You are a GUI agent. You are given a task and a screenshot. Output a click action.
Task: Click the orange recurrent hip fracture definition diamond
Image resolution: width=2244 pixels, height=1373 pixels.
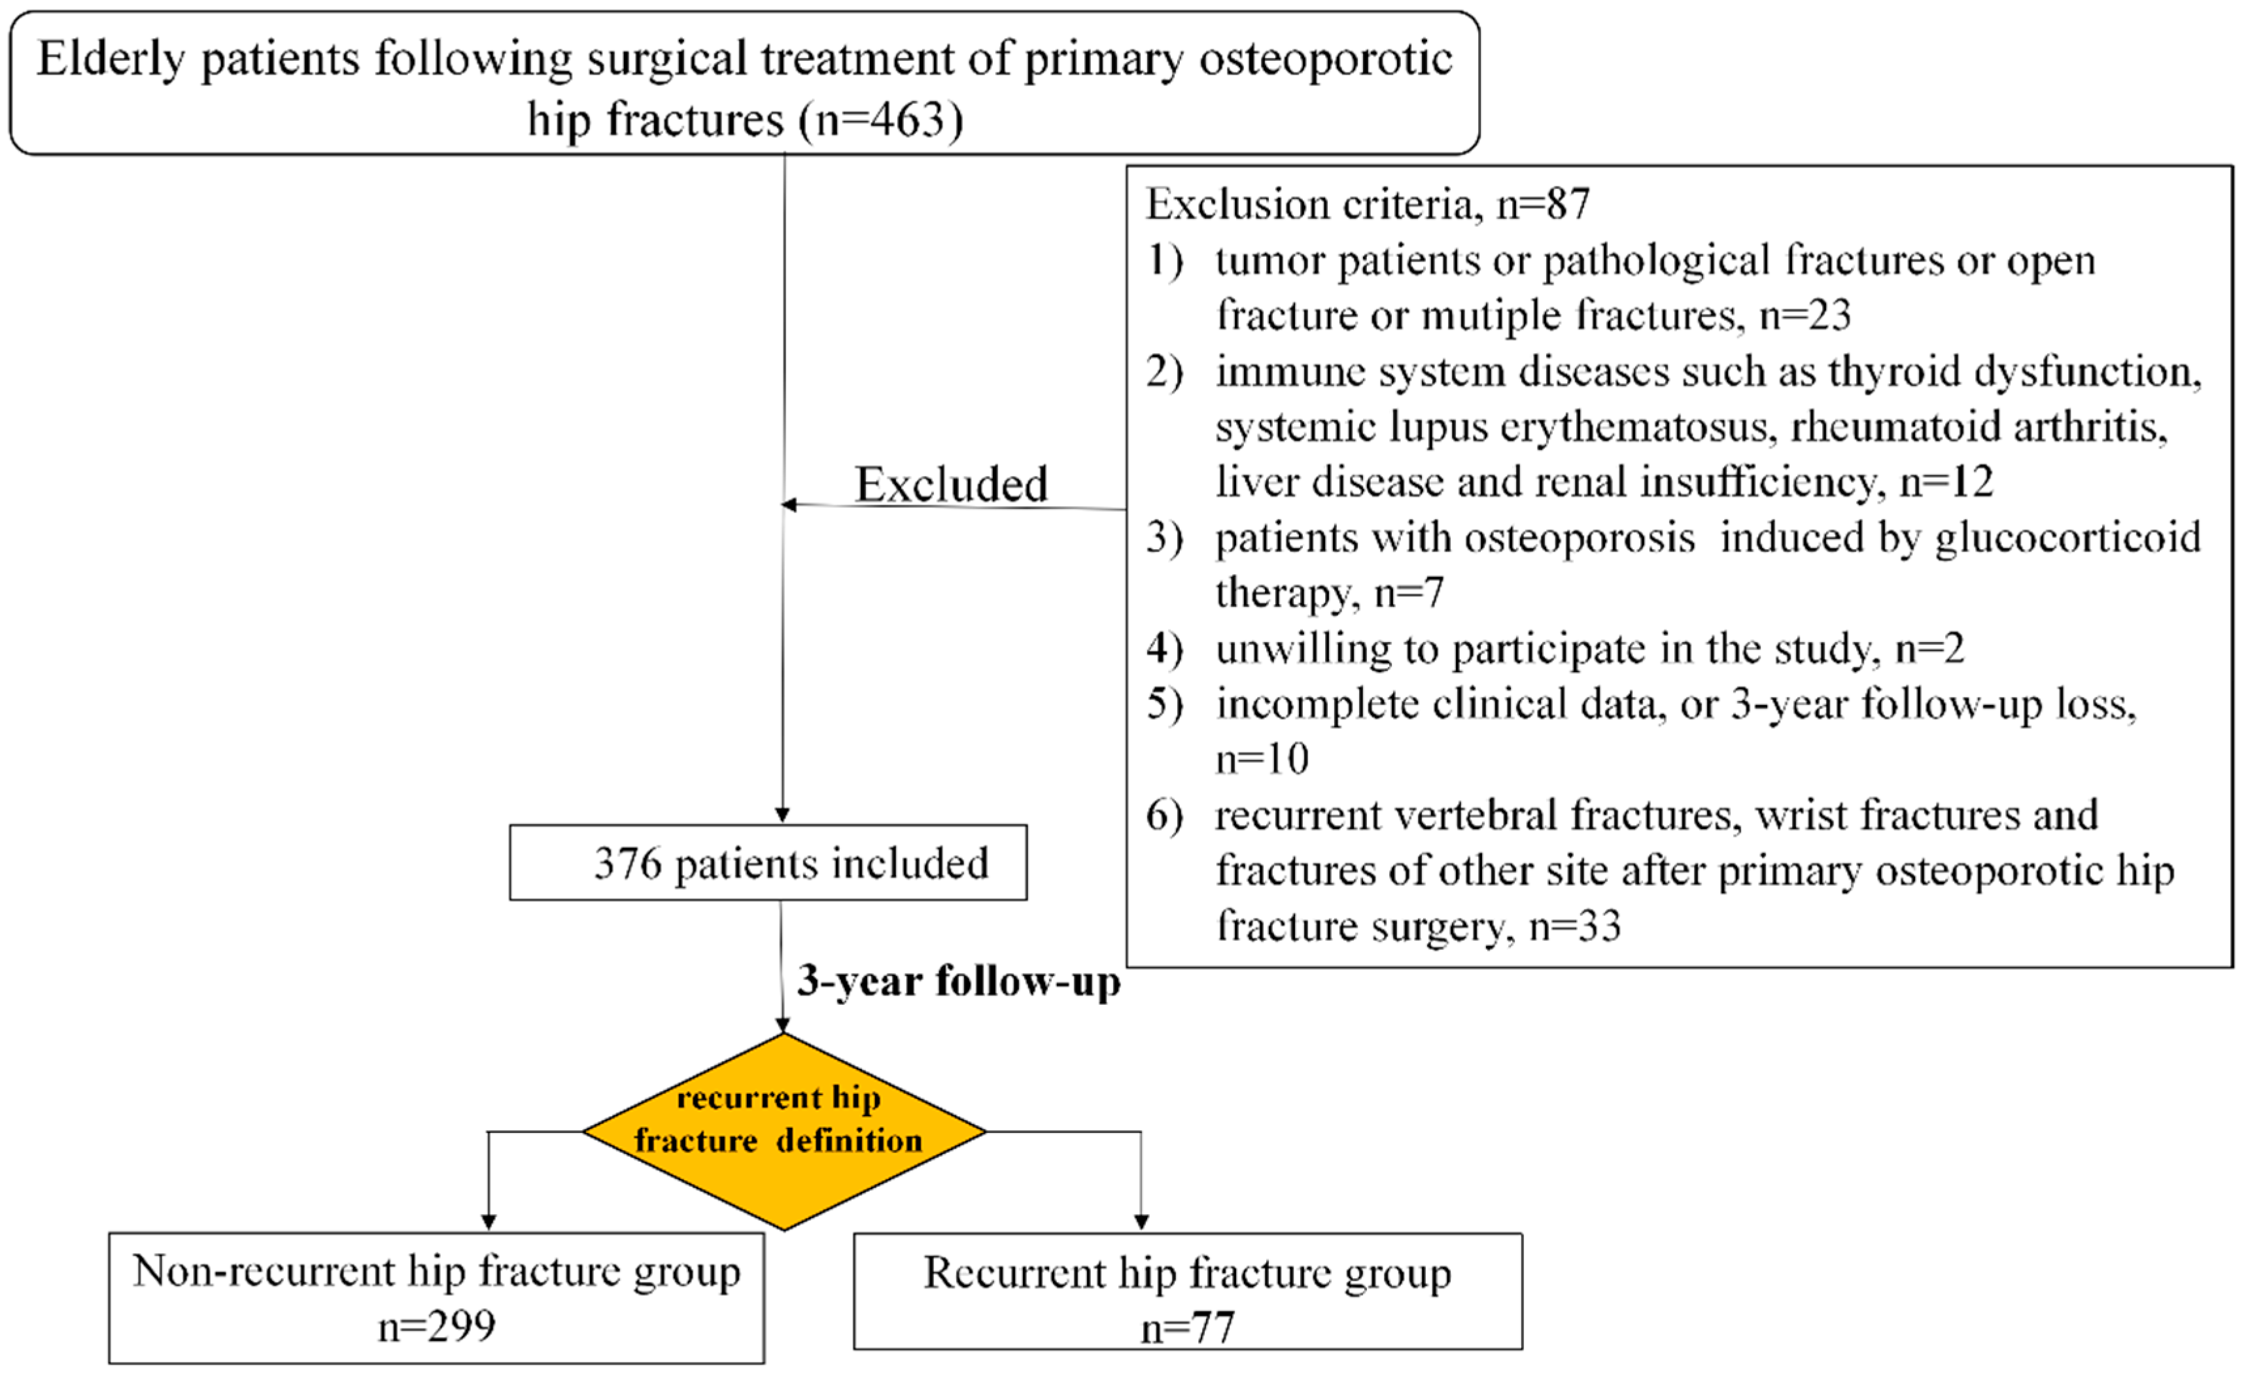click(784, 1131)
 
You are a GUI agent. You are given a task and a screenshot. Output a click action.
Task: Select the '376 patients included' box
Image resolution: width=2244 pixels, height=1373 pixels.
click(768, 862)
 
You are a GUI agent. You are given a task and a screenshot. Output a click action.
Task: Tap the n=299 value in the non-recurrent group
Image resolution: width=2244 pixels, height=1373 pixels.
click(436, 1326)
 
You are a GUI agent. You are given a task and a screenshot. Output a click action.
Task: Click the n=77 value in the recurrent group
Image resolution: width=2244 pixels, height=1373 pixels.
click(1186, 1327)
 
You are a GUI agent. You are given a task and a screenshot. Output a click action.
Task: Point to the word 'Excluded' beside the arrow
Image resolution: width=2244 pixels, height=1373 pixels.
click(951, 483)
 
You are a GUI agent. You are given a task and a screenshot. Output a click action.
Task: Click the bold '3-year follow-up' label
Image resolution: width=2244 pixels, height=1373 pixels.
click(958, 981)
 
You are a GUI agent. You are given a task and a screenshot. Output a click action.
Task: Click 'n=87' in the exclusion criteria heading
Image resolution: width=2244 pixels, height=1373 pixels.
click(1543, 203)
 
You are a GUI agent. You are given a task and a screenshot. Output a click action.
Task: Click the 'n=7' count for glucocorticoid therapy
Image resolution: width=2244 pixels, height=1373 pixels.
click(1409, 593)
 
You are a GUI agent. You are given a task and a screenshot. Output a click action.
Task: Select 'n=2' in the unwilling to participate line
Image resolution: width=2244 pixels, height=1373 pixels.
click(1929, 649)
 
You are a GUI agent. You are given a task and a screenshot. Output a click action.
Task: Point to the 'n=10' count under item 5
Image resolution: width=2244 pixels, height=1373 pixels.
click(1262, 758)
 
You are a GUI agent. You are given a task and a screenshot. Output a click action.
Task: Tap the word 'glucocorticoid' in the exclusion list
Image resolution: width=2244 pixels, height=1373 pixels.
click(2067, 537)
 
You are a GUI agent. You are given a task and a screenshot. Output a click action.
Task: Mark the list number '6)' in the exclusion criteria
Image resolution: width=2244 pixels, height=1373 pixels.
click(1164, 815)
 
